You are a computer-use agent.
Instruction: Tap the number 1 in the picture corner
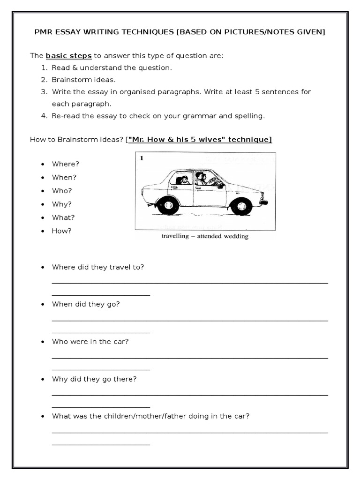tap(141, 158)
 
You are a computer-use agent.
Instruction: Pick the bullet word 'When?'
tap(64, 177)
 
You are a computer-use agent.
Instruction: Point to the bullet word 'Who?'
tap(62, 191)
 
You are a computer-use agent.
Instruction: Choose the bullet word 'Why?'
tap(62, 204)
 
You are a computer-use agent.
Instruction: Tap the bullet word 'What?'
tap(63, 217)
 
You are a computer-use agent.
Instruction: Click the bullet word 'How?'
tap(62, 231)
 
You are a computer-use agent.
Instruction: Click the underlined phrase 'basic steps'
tap(68, 56)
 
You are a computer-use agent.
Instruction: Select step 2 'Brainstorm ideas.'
tap(83, 80)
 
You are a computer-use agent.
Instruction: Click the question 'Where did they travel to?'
tap(98, 267)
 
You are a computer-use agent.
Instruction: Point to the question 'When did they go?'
tap(86, 304)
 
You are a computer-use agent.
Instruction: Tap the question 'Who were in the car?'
tap(90, 342)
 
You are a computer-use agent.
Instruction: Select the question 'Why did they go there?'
tap(94, 379)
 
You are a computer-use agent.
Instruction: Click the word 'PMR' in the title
tap(44, 32)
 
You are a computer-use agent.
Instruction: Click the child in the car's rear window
tap(184, 180)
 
